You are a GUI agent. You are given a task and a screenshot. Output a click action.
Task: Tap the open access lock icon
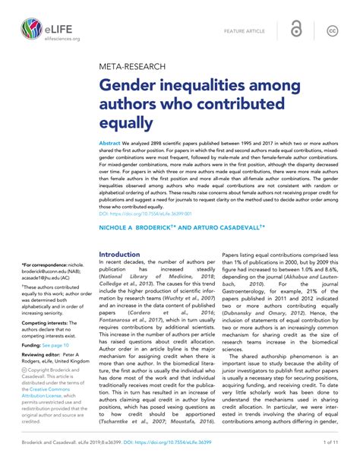pyautogui.click(x=298, y=30)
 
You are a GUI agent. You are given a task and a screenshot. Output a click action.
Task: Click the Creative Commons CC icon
pyautogui.click(x=332, y=30)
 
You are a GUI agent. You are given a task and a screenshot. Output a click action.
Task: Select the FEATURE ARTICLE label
pyautogui.click(x=245, y=30)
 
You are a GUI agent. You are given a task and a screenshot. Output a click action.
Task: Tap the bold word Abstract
pyautogui.click(x=111, y=143)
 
